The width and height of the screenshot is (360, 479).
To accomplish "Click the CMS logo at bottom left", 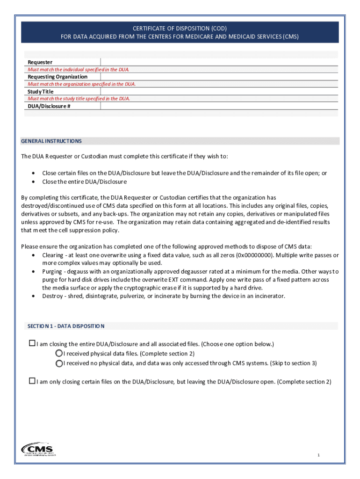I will click(38, 449).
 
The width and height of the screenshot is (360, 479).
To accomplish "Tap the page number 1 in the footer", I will click(318, 455).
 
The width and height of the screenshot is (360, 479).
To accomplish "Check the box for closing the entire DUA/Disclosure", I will click(32, 344).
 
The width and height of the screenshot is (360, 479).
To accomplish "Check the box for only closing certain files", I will click(32, 381).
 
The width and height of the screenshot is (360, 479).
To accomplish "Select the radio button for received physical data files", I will click(59, 353).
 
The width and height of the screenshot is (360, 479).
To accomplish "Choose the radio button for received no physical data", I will click(59, 363).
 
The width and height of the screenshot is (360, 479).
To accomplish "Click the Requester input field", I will click(219, 62).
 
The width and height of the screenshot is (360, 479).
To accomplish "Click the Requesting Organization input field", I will click(219, 77).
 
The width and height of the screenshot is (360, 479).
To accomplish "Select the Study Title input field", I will click(219, 92).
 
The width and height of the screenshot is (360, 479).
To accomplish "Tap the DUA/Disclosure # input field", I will click(219, 106).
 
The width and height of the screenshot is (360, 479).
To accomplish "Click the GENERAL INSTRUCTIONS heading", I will click(51, 141).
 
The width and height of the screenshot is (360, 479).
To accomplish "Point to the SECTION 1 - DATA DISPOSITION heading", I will click(66, 326).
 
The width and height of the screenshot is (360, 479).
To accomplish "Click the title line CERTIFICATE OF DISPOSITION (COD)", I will click(180, 29).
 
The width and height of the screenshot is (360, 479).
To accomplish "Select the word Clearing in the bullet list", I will click(53, 255).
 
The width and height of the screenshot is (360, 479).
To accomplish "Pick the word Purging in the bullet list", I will click(52, 271).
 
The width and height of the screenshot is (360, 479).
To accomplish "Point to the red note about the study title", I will click(79, 99).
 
